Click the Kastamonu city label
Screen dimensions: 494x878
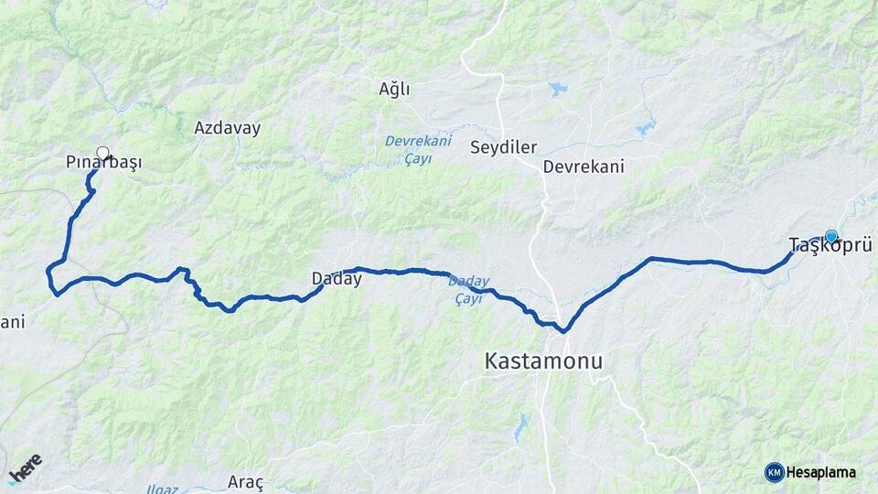(x=543, y=361)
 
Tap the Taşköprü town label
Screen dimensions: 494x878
(x=828, y=245)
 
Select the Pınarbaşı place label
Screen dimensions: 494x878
(x=104, y=163)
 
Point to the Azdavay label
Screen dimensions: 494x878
(x=227, y=128)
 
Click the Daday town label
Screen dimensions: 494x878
(x=337, y=279)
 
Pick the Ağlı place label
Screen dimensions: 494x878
(x=394, y=89)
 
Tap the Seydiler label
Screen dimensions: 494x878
(x=503, y=147)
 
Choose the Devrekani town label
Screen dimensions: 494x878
(x=583, y=166)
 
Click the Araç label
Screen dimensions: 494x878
(x=246, y=482)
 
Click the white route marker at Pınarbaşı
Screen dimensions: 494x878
(x=102, y=153)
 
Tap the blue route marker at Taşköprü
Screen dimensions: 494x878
(x=830, y=236)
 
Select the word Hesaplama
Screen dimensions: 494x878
(x=820, y=473)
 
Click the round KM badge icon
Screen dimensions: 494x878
(x=774, y=473)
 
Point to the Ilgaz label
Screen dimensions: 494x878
(x=162, y=489)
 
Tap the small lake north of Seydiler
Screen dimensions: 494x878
(x=557, y=90)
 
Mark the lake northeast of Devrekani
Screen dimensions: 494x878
(x=646, y=127)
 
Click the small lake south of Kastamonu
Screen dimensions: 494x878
(x=521, y=424)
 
